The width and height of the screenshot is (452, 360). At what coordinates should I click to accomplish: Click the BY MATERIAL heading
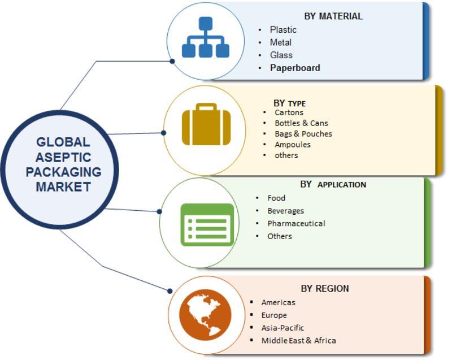333,16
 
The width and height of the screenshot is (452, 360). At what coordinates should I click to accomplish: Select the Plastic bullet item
283,29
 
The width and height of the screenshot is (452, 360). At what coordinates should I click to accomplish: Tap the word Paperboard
295,68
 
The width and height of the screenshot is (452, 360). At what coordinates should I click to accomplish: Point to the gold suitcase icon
206,125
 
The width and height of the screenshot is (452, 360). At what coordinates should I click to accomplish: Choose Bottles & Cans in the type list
301,123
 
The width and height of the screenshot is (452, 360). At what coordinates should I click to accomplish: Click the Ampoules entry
293,144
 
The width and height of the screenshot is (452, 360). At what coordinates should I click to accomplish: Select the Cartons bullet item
289,112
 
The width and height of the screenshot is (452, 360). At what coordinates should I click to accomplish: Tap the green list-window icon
207,224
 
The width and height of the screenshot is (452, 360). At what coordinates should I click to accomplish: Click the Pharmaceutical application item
296,223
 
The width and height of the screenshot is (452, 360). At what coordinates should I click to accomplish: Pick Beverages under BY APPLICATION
285,210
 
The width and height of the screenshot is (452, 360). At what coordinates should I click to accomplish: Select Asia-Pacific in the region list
282,328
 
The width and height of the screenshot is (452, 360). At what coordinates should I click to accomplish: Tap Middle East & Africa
298,340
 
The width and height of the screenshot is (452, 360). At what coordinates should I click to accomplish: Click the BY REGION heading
325,288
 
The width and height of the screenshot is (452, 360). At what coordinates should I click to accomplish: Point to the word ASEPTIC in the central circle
63,157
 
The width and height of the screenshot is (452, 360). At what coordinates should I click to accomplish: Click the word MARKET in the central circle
63,186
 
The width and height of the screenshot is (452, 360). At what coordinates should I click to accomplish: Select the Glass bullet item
281,55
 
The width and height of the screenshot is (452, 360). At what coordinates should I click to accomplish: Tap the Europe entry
274,315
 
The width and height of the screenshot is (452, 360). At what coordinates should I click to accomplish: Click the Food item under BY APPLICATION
276,198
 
